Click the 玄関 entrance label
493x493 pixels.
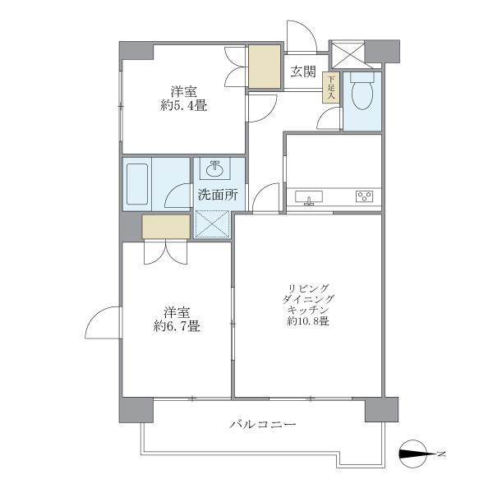[x=303, y=71]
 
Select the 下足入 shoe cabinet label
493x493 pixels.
[x=331, y=88]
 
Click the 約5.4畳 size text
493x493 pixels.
[x=183, y=105]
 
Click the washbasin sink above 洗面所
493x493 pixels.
[x=216, y=170]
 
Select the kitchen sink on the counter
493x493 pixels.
[x=310, y=197]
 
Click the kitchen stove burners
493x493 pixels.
[x=364, y=196]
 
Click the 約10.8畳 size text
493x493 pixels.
[x=308, y=321]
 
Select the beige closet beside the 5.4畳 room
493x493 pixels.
[x=265, y=67]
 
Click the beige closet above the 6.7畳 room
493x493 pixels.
[x=165, y=226]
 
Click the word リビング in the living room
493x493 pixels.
[x=308, y=287]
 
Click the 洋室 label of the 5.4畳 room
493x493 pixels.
[x=183, y=90]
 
